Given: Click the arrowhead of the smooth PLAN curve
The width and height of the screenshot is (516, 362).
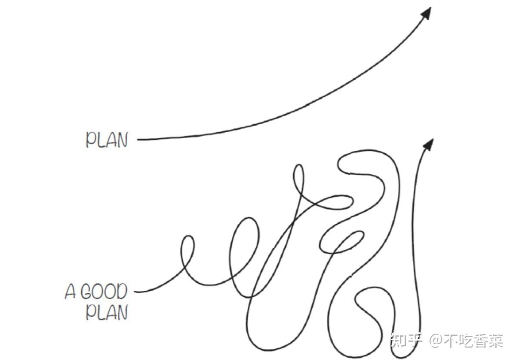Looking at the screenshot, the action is [426, 13].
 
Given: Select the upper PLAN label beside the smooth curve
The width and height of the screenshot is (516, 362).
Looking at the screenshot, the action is [107, 140].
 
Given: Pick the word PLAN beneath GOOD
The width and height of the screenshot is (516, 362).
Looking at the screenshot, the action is [107, 312].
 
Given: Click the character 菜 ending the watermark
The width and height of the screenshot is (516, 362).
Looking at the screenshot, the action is [495, 341].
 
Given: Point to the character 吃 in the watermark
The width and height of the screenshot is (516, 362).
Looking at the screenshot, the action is [466, 341].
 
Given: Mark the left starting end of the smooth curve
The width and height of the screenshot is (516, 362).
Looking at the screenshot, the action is [138, 139].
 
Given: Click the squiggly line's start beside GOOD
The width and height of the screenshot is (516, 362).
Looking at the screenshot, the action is [137, 292].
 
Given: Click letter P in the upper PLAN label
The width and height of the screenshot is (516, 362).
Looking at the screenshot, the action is [91, 140].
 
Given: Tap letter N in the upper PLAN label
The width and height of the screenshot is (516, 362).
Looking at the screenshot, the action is [122, 140].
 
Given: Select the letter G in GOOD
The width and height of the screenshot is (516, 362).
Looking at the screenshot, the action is [86, 292].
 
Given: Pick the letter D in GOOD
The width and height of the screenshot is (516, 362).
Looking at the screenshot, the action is [122, 292].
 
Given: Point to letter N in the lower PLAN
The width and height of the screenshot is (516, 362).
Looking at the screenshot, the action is [122, 312].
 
